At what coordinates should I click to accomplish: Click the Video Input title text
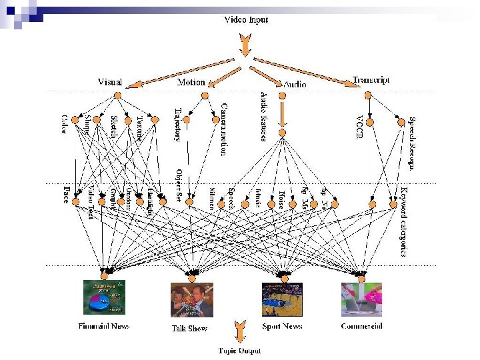pyautogui.click(x=245, y=20)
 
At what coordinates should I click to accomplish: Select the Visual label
pyautogui.click(x=110, y=82)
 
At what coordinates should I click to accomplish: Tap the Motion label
pyautogui.click(x=191, y=82)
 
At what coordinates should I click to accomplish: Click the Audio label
pyautogui.click(x=295, y=85)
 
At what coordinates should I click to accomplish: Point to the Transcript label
pyautogui.click(x=371, y=80)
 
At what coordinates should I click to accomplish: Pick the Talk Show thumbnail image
pyautogui.click(x=191, y=299)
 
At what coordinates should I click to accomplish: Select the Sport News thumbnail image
pyautogui.click(x=282, y=299)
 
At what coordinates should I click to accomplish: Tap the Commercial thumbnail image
pyautogui.click(x=361, y=299)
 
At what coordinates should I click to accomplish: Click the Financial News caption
pyautogui.click(x=104, y=326)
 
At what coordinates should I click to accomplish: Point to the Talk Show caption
pyautogui.click(x=189, y=328)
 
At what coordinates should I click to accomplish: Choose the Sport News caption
pyautogui.click(x=282, y=326)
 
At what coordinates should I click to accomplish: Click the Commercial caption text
pyautogui.click(x=361, y=326)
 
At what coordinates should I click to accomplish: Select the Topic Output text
pyautogui.click(x=240, y=350)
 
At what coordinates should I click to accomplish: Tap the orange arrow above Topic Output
pyautogui.click(x=240, y=331)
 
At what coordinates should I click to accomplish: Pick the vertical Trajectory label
pyautogui.click(x=177, y=125)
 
